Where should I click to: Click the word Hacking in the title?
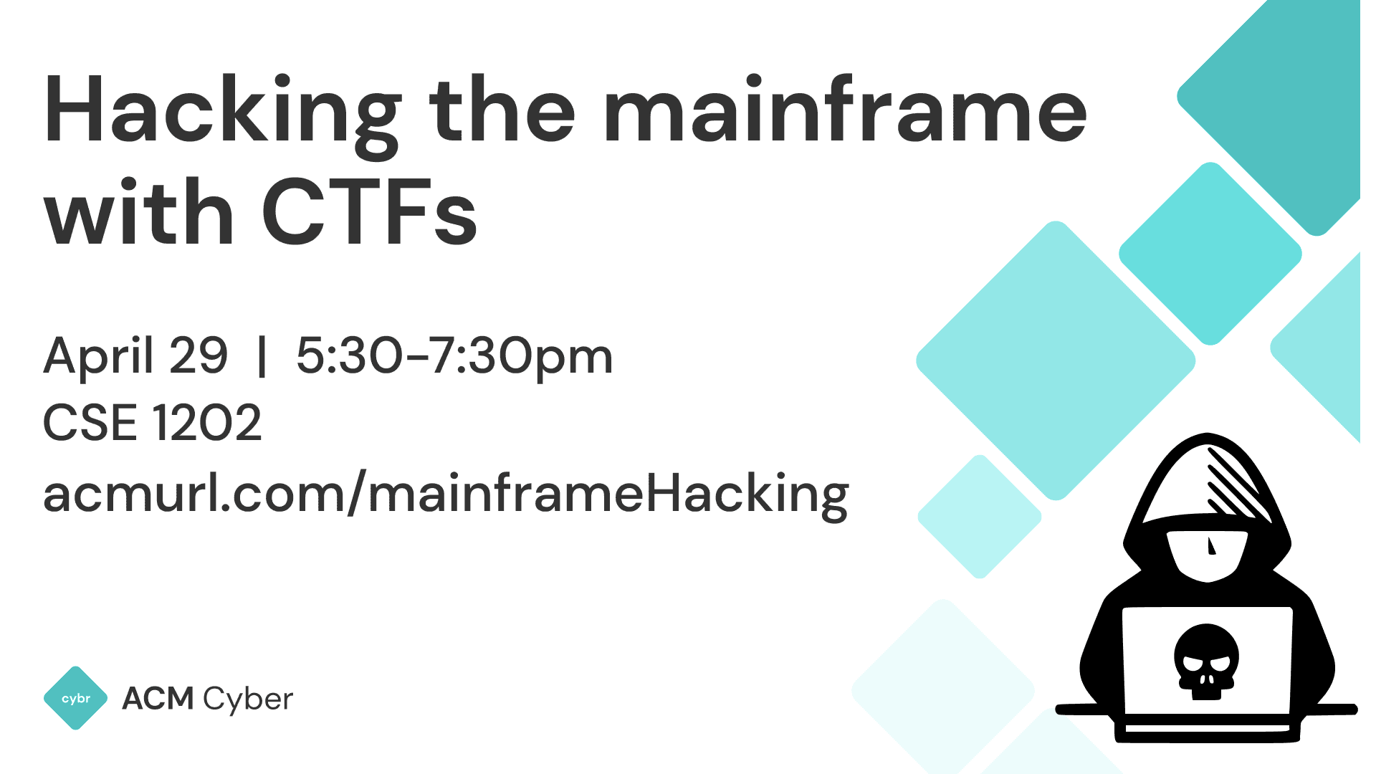[x=222, y=115]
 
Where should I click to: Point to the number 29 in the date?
[x=199, y=356]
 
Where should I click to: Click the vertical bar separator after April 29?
[x=262, y=356]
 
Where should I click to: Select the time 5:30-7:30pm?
[x=454, y=356]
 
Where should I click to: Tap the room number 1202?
[x=207, y=423]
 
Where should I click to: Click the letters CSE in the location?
[x=90, y=423]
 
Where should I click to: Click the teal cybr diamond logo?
[x=76, y=698]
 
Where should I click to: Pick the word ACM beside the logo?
[x=158, y=699]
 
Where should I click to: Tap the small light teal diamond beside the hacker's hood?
[x=979, y=516]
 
